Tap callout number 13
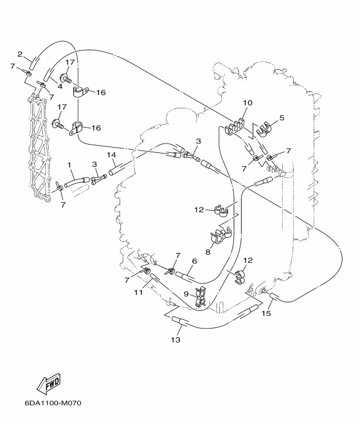[175, 340]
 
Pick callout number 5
[282, 118]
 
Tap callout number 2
[20, 54]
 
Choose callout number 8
[208, 253]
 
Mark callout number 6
[194, 262]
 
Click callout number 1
[69, 166]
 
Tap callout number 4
[59, 86]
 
